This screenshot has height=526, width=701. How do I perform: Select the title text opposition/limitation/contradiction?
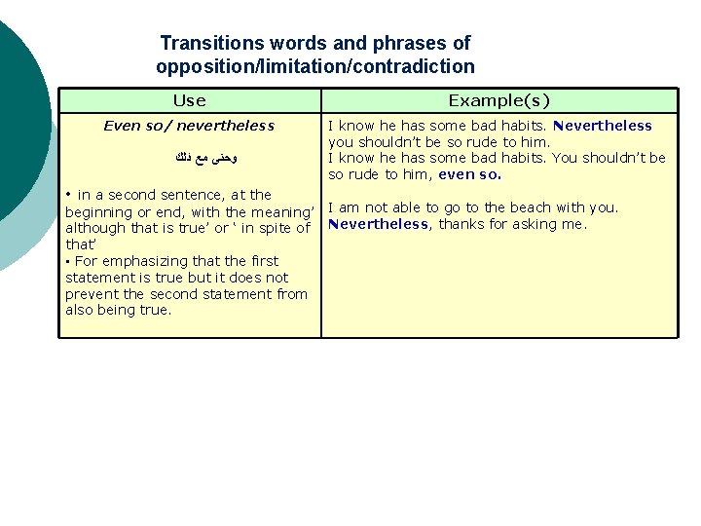point(314,67)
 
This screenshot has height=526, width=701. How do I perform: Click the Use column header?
point(189,100)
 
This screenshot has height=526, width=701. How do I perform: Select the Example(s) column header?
point(498,100)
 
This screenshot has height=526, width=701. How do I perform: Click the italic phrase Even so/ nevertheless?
point(189,126)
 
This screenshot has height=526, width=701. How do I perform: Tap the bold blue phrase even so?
point(469,175)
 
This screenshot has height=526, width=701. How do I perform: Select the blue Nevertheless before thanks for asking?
point(378,224)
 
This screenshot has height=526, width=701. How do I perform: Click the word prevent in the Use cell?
point(90,294)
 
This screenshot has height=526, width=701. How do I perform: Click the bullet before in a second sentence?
point(69,194)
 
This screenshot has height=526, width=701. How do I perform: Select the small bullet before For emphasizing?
point(68,262)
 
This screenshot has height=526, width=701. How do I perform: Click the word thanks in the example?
point(457,224)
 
